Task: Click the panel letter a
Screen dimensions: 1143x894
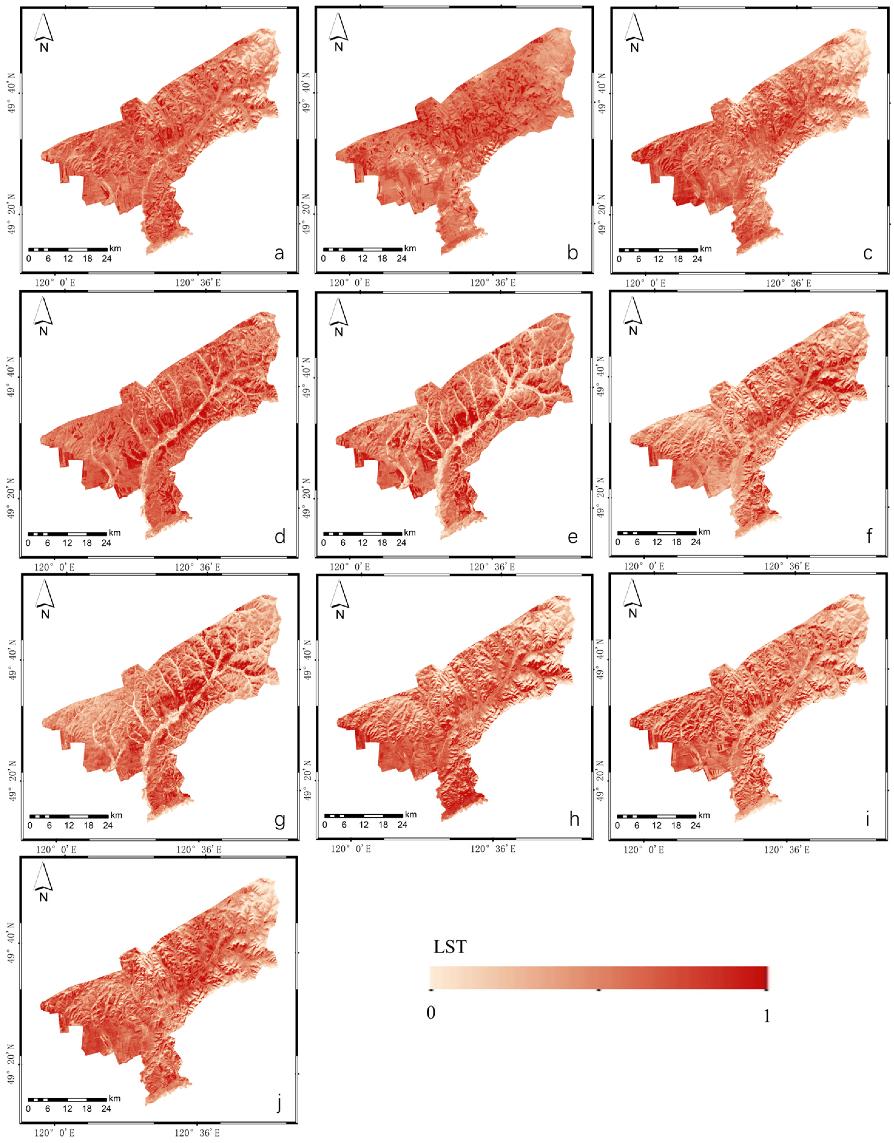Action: (279, 253)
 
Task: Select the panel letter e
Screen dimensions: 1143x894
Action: (573, 537)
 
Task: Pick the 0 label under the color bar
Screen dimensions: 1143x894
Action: (431, 1012)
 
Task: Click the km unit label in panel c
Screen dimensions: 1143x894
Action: (706, 249)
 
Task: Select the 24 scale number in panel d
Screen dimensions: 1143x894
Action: (106, 543)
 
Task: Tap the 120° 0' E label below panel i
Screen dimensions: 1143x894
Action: (643, 850)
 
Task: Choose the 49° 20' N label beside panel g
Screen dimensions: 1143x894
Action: (12, 781)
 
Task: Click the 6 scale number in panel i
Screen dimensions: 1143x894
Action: (636, 825)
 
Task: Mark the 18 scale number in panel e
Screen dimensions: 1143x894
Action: (382, 543)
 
